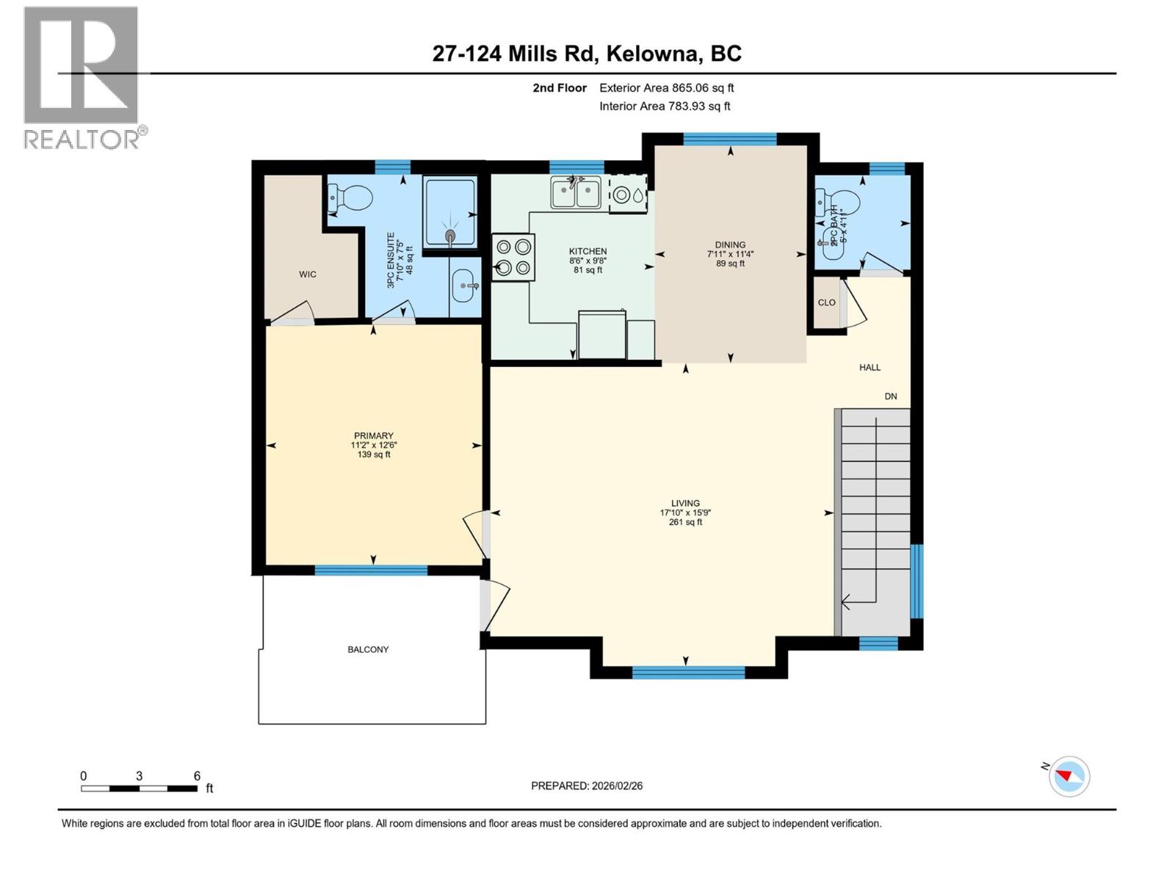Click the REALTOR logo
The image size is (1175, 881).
82,77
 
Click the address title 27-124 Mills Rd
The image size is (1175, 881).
587,54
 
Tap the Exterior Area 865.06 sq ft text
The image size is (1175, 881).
666,88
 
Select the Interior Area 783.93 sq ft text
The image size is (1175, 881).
665,106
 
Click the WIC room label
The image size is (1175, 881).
308,275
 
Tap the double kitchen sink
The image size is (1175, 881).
576,192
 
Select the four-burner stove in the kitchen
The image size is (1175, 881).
513,257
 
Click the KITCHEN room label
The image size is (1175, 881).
587,251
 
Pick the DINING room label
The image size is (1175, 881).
730,245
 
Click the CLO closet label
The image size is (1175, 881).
826,302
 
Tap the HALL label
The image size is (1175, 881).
869,367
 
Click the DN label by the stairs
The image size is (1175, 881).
891,396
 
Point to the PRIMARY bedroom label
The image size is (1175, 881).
373,435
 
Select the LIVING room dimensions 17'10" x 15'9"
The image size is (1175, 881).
685,513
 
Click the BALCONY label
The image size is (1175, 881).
368,650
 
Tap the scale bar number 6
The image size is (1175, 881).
197,776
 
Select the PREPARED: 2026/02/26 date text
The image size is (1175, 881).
587,786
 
